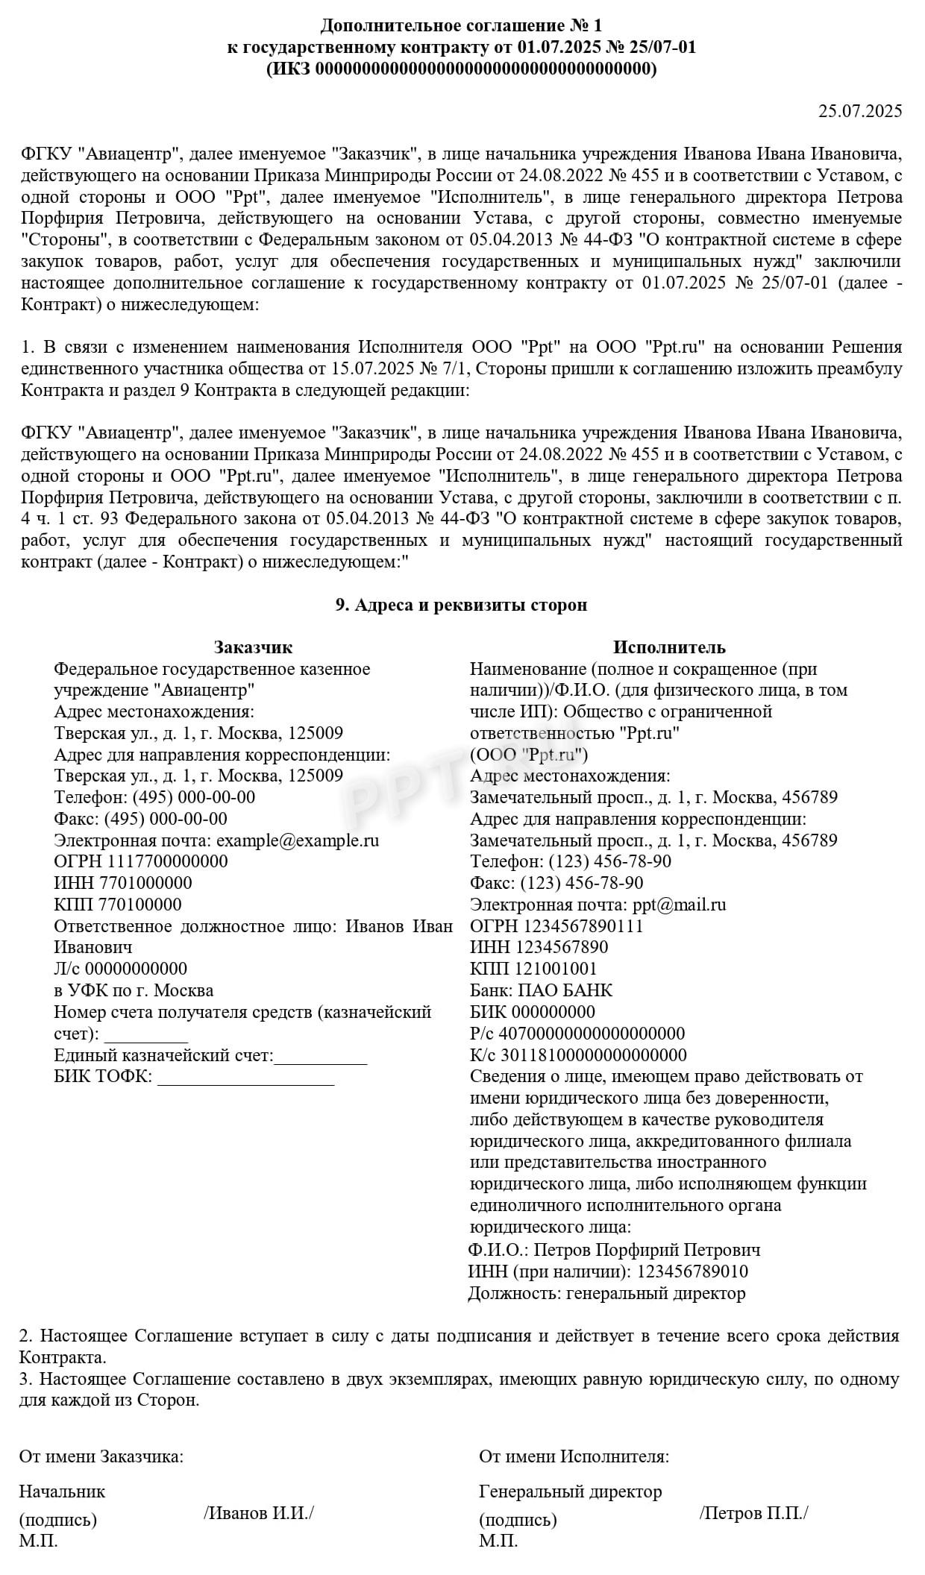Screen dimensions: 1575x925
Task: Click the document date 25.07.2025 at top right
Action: (860, 112)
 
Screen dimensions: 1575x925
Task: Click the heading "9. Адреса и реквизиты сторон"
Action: (461, 605)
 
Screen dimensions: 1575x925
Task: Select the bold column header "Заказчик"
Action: (254, 647)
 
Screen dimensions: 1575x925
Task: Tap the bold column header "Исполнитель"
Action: (669, 647)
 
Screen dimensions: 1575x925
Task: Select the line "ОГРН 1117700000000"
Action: (141, 861)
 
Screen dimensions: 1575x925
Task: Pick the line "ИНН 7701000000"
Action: (123, 883)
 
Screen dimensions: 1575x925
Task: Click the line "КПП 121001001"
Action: (533, 969)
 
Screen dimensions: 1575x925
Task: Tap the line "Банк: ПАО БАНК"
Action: (541, 990)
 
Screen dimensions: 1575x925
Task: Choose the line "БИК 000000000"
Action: (533, 1012)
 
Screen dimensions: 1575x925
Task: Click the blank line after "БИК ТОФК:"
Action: (246, 1078)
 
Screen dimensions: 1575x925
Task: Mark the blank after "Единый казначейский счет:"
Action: (321, 1057)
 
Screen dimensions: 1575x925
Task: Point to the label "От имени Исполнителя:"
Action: (574, 1456)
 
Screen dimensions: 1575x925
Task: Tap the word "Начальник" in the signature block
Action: (62, 1491)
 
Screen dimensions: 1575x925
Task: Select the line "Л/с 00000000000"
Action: (120, 969)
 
